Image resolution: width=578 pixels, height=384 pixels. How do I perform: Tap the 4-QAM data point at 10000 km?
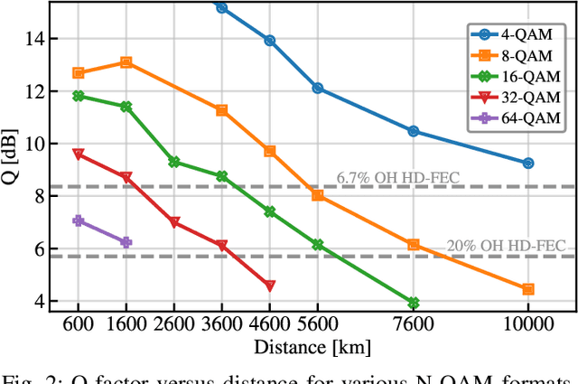[528, 163]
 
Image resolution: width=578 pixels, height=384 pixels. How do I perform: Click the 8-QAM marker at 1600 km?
[126, 62]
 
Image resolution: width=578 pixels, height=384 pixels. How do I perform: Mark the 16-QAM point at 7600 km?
[414, 303]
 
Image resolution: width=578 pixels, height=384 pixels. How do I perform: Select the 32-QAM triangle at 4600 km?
[270, 286]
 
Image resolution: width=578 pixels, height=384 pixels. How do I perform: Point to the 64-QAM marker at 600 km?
[79, 220]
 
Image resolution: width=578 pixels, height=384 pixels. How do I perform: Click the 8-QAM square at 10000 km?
[528, 289]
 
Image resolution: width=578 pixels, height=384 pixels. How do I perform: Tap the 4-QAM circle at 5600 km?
[318, 89]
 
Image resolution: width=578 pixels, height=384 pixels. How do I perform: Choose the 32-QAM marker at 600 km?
[79, 155]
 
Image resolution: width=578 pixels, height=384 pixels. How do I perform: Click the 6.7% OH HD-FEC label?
[397, 177]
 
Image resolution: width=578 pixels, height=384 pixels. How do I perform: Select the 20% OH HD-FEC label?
[506, 246]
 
